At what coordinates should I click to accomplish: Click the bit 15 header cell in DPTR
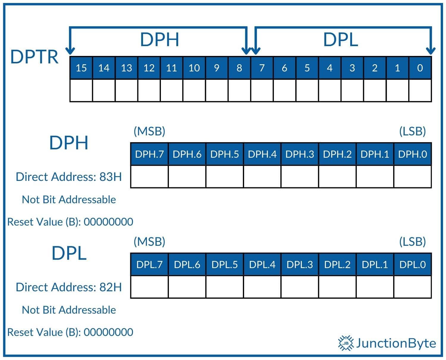tap(81, 68)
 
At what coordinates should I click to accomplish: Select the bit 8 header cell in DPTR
tap(239, 68)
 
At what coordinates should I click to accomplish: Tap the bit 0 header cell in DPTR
tap(420, 68)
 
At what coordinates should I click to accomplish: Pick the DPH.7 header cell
tap(149, 154)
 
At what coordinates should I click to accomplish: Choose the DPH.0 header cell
tap(412, 154)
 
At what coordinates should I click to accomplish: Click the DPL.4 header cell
tap(262, 264)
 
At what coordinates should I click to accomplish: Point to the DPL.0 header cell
tap(412, 264)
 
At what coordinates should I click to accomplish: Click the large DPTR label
tap(34, 57)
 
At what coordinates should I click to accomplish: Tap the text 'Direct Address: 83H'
tap(69, 177)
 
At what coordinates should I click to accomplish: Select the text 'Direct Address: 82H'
tap(69, 287)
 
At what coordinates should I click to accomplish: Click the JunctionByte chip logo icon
tap(346, 343)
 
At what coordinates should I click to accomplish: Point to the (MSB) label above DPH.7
tap(149, 131)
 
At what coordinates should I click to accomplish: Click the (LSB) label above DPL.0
tap(412, 241)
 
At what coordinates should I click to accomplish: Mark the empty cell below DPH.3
tap(299, 176)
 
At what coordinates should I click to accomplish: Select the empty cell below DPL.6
tap(187, 287)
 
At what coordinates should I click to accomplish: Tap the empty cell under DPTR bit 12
tap(149, 90)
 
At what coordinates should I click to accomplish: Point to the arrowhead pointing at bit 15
tap(70, 51)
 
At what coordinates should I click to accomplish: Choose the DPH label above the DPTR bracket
tap(159, 39)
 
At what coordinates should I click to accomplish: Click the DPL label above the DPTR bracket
tap(340, 39)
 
